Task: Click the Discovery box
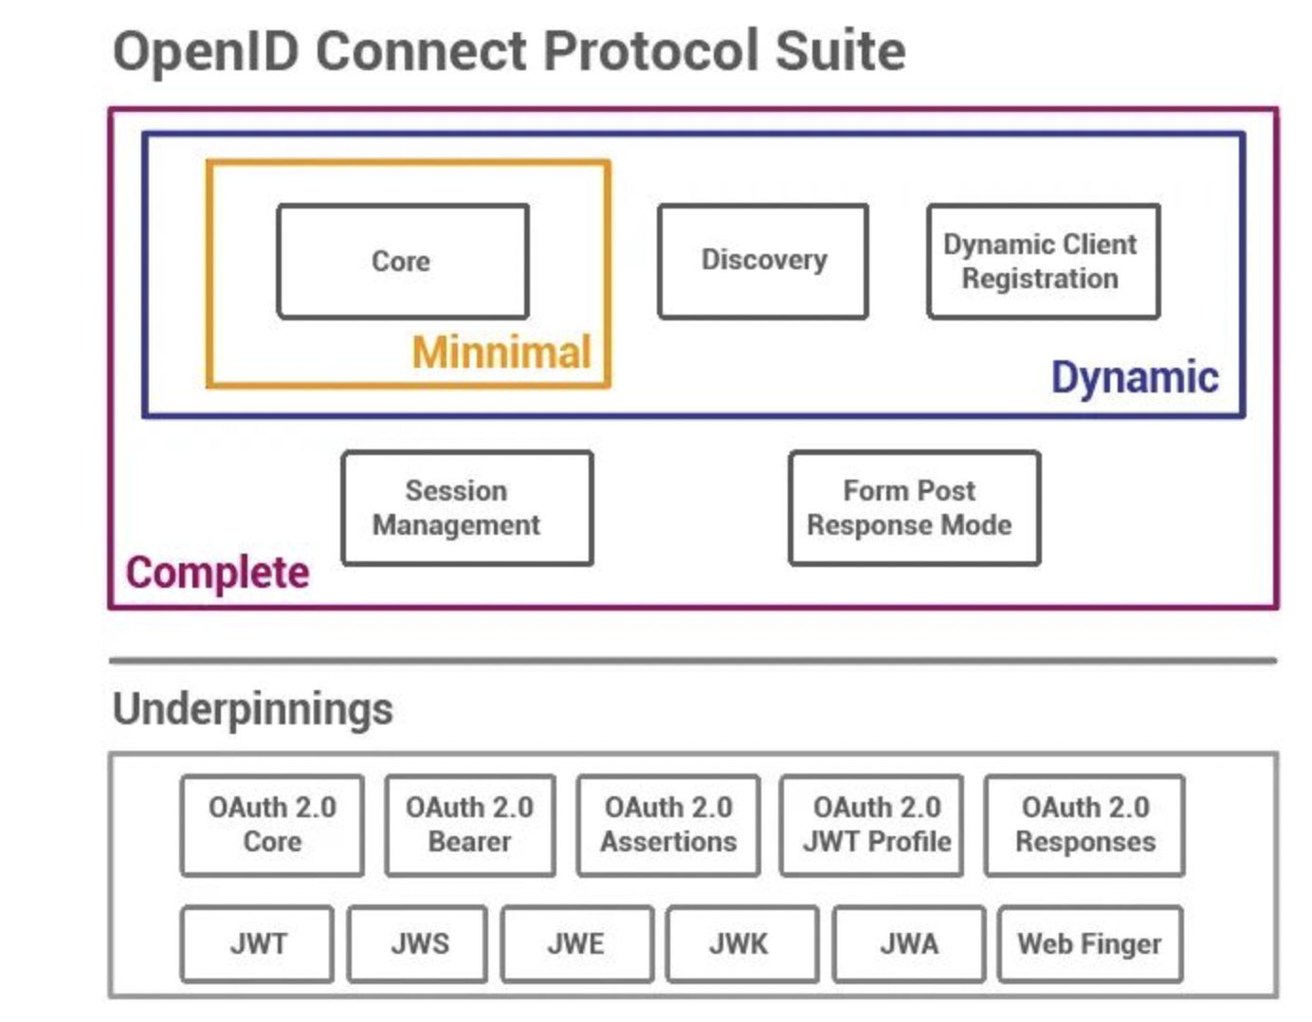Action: coord(763,262)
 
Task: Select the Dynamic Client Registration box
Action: coord(1044,262)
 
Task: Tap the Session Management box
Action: coord(467,508)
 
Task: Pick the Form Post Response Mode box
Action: coord(914,508)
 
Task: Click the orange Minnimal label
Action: coord(501,352)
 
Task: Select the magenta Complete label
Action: coord(217,573)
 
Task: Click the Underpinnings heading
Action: coord(253,709)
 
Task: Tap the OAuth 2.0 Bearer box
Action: coord(470,825)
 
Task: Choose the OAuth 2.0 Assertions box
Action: coord(667,825)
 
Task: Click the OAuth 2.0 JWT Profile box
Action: coord(871,825)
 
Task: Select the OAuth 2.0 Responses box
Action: coord(1084,825)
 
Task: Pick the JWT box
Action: coord(257,944)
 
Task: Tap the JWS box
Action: coord(418,944)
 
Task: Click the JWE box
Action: coord(577,944)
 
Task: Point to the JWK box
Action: coord(742,944)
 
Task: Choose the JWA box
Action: coord(909,944)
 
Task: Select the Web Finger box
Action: coord(1090,944)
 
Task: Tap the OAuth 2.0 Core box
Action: coord(272,825)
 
